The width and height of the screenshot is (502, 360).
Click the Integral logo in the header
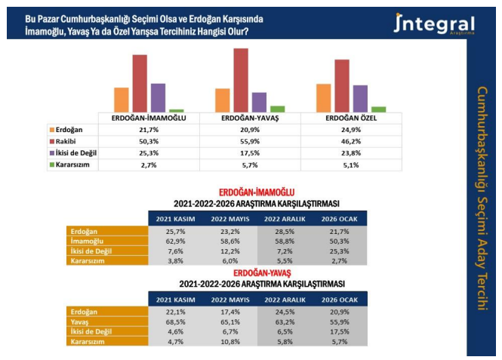(433, 24)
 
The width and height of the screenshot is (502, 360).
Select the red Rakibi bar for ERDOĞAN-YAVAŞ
(241, 80)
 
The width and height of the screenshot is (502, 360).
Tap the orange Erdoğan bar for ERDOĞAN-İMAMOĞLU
(122, 100)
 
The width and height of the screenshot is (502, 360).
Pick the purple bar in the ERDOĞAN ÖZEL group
(360, 98)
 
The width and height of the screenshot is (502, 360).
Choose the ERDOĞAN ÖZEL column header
(351, 118)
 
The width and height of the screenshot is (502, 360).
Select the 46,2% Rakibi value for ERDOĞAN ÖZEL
(351, 141)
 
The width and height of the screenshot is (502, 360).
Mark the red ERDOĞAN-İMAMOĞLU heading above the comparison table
(256, 192)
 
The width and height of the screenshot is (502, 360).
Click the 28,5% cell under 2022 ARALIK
(283, 231)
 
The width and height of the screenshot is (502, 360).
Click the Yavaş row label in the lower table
(80, 321)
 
